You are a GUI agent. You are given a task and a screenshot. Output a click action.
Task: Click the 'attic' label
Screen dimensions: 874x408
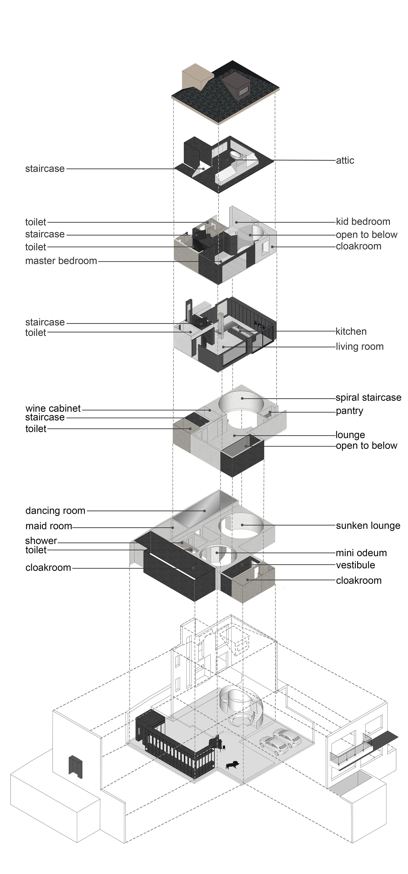[x=345, y=160]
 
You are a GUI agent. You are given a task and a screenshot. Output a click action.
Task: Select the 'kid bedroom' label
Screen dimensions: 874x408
[x=363, y=222]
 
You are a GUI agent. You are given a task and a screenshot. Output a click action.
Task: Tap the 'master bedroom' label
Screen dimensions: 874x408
[x=61, y=261]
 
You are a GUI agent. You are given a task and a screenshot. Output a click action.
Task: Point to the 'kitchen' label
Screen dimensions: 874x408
[x=351, y=331]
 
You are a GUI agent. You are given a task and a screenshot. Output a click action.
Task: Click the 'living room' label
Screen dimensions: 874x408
[x=359, y=347]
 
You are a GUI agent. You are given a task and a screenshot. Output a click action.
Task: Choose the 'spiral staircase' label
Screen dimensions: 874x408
[x=368, y=398]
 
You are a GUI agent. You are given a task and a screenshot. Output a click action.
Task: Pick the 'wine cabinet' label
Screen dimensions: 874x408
[x=53, y=408]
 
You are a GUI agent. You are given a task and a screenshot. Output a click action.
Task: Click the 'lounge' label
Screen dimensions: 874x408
[x=350, y=435]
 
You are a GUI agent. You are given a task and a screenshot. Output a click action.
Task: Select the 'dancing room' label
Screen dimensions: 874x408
[x=55, y=511]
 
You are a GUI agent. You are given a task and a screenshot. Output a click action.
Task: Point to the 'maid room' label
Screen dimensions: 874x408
[x=49, y=526]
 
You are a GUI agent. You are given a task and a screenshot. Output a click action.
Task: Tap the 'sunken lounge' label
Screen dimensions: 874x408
[x=368, y=526]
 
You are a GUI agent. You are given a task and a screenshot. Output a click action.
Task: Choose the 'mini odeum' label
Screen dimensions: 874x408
[x=361, y=553]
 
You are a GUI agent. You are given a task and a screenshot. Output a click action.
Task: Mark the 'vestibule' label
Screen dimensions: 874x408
[x=355, y=565]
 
